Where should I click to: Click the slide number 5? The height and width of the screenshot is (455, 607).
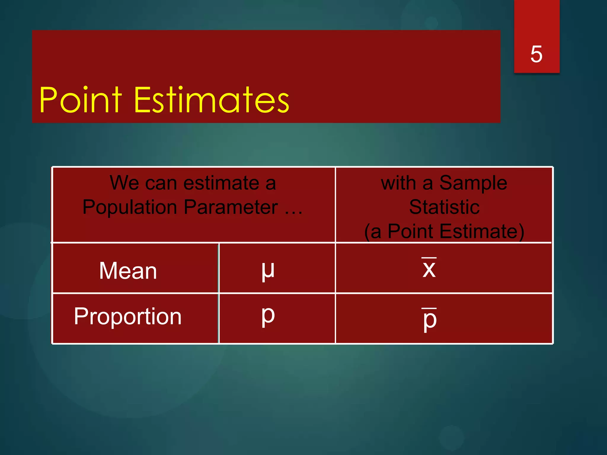[x=536, y=54]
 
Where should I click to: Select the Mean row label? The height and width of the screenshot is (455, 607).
[x=128, y=271]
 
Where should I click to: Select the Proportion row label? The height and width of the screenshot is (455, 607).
[x=128, y=316]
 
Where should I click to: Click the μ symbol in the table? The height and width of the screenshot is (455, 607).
[x=268, y=270]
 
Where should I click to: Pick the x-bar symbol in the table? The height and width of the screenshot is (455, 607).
[x=429, y=268]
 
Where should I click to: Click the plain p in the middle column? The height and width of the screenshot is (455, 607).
[x=268, y=316]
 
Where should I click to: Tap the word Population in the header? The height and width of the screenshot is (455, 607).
[x=130, y=207]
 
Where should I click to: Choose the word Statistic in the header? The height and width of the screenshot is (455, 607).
[x=444, y=207]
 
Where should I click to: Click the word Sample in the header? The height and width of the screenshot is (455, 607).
[x=473, y=183]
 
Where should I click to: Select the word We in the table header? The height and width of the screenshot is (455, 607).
[x=124, y=183]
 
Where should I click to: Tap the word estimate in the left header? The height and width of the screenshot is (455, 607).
[x=221, y=183]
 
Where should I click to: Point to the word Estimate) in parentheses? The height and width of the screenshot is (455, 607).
[x=482, y=231]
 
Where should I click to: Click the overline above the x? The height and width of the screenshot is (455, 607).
[x=429, y=258]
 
